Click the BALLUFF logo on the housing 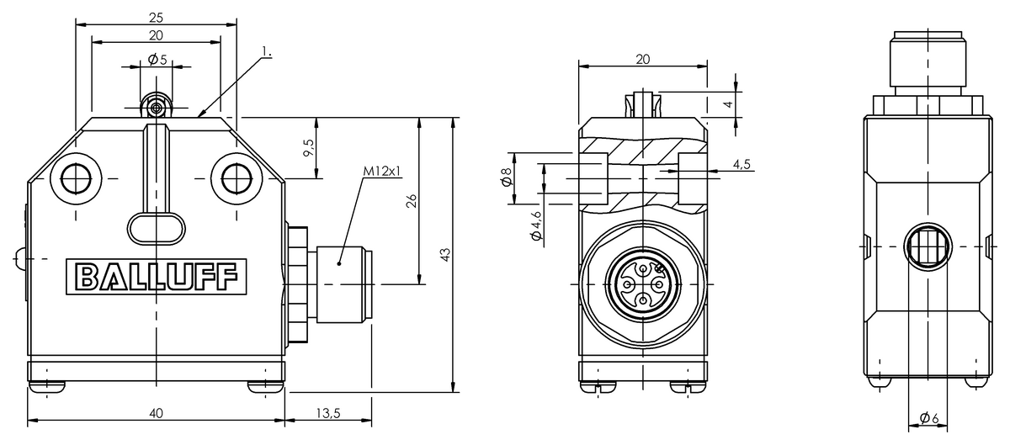(157, 276)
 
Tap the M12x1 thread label (382, 171)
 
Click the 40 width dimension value (156, 412)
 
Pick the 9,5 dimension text (309, 148)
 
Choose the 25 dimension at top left (156, 17)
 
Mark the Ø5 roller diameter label (157, 60)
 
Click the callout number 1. (266, 52)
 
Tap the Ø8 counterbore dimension (506, 177)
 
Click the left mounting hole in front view (77, 177)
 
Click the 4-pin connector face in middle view (643, 285)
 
